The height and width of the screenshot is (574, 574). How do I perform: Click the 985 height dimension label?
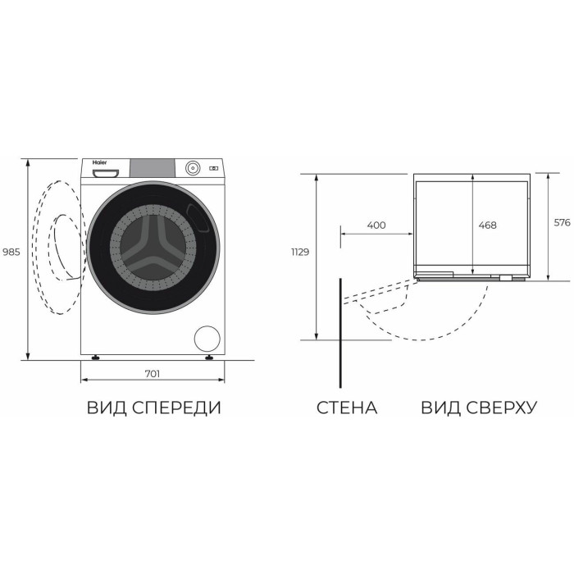pyautogui.click(x=11, y=252)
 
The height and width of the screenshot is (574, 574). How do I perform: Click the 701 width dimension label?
pyautogui.click(x=153, y=374)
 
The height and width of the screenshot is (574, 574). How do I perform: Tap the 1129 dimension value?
pyautogui.click(x=300, y=252)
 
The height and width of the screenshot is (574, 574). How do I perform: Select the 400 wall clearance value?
pyautogui.click(x=376, y=225)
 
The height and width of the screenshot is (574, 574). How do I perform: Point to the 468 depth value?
pyautogui.click(x=487, y=225)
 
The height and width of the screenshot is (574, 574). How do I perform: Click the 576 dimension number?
pyautogui.click(x=562, y=222)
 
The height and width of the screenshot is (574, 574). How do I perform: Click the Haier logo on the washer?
pyautogui.click(x=99, y=162)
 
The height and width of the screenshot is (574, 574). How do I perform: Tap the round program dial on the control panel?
pyautogui.click(x=193, y=168)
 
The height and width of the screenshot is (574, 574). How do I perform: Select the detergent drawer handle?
pyautogui.click(x=106, y=173)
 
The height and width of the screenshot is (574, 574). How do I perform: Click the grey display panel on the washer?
pyautogui.click(x=153, y=168)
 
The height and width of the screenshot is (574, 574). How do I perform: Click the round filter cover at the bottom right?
pyautogui.click(x=207, y=339)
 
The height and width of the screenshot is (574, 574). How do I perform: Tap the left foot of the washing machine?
pyautogui.click(x=96, y=358)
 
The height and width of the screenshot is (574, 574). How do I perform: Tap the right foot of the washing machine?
pyautogui.click(x=209, y=358)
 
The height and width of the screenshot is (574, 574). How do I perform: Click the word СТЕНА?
pyautogui.click(x=347, y=408)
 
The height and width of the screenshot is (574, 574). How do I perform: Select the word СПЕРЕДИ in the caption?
pyautogui.click(x=177, y=408)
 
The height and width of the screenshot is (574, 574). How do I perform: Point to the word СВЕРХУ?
pyautogui.click(x=501, y=408)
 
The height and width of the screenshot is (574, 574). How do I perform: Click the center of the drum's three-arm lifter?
pyautogui.click(x=153, y=248)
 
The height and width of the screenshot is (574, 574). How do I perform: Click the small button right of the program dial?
pyautogui.click(x=213, y=168)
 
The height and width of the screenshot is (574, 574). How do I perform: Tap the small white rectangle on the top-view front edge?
pyautogui.click(x=506, y=278)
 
